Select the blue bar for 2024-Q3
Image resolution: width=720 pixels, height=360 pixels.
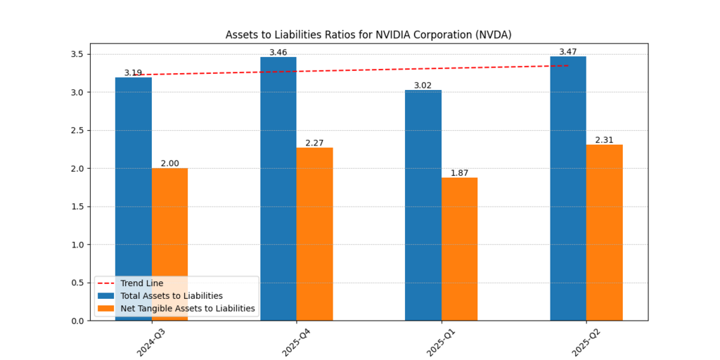(x=134, y=176)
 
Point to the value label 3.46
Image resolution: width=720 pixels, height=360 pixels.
(x=278, y=53)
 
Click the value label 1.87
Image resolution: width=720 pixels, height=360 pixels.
(x=459, y=173)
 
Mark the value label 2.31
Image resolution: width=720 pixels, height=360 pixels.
(x=604, y=140)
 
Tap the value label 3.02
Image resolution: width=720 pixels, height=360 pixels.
(x=423, y=86)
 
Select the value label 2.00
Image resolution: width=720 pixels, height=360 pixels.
(x=169, y=163)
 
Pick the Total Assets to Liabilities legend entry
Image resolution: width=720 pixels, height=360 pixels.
(x=172, y=296)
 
